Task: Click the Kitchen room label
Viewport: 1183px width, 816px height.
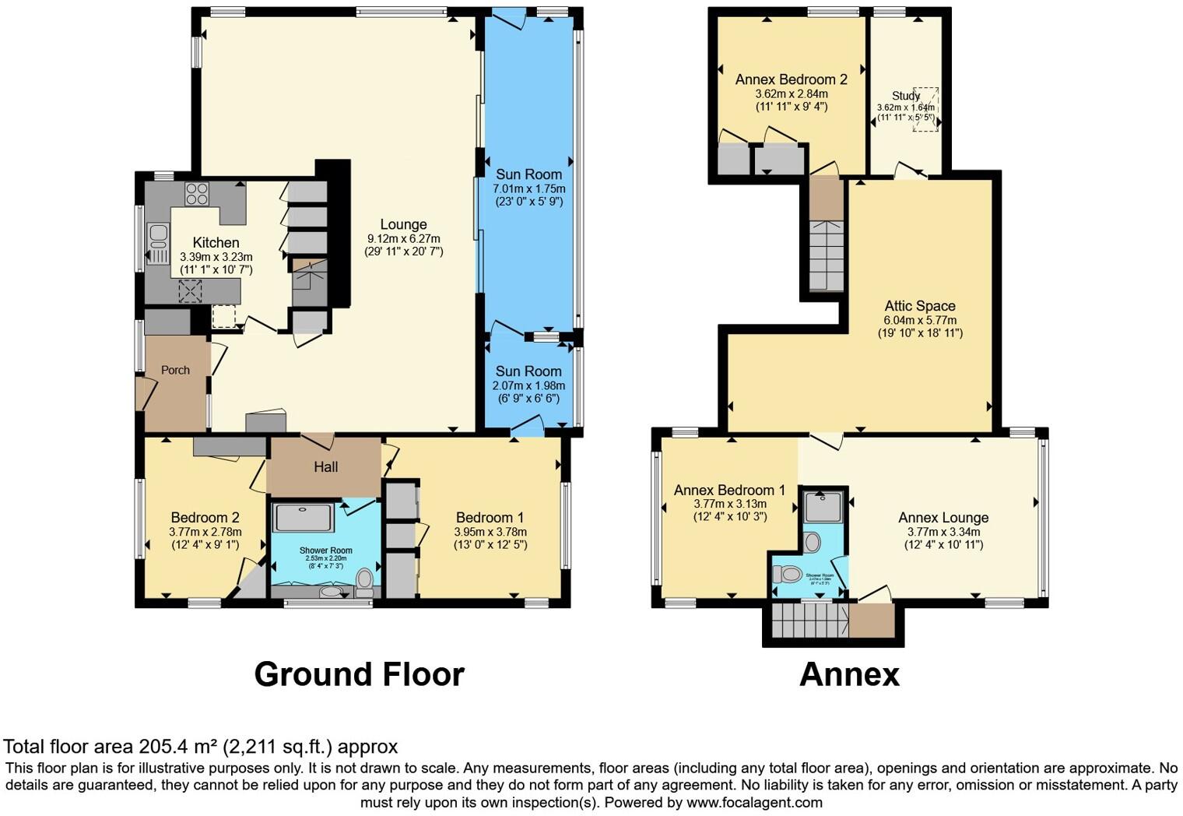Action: [x=216, y=242]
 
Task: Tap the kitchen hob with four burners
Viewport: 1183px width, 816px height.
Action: [x=196, y=193]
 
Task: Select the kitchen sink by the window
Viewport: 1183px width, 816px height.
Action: [x=158, y=243]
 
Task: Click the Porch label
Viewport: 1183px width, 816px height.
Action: [x=175, y=370]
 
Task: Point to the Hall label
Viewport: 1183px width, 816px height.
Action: [x=325, y=467]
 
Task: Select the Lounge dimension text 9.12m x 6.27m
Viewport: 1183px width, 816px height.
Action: [x=403, y=238]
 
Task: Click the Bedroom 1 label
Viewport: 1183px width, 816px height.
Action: [x=490, y=518]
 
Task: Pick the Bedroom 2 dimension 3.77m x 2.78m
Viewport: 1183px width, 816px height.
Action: [x=205, y=532]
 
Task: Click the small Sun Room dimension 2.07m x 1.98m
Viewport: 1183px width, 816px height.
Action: [x=528, y=385]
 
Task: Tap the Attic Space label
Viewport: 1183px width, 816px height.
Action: [x=919, y=306]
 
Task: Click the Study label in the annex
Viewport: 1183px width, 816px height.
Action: [x=906, y=96]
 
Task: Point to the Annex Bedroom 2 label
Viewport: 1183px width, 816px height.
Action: [x=791, y=79]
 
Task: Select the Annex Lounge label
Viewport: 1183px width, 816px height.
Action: [x=943, y=518]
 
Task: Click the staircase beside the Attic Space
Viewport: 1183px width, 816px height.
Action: [x=827, y=255]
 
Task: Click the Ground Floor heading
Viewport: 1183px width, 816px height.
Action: [x=359, y=674]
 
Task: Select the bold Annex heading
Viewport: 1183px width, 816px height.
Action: [x=849, y=674]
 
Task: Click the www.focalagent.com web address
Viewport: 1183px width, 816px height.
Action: [x=754, y=802]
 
